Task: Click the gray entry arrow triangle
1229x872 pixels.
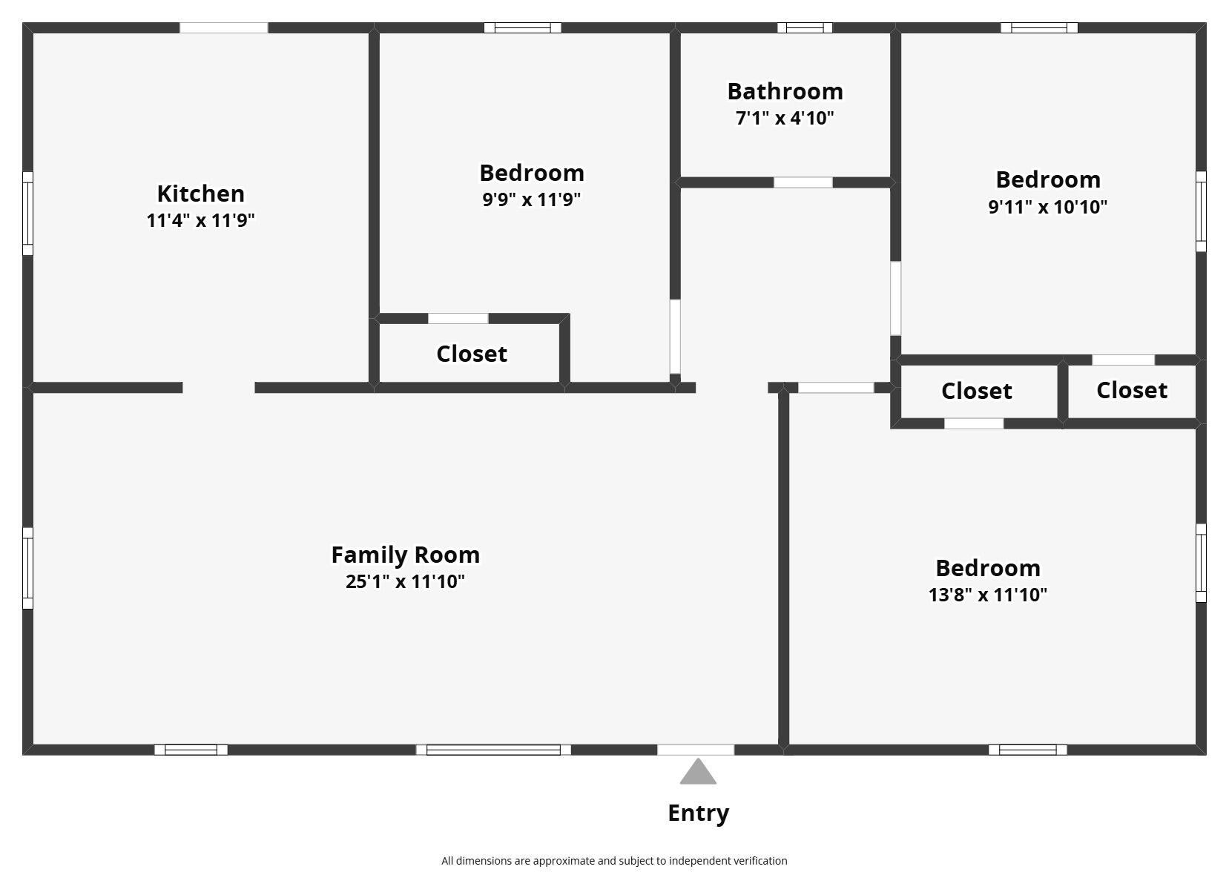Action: [x=698, y=773]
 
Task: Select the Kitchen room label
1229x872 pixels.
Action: [x=201, y=194]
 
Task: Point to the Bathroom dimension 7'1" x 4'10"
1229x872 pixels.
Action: [x=785, y=118]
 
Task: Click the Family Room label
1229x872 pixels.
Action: [x=406, y=555]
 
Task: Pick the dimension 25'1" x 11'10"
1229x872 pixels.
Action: [x=406, y=581]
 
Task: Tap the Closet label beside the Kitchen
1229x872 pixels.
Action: [x=472, y=354]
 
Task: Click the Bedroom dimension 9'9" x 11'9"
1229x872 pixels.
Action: [x=531, y=199]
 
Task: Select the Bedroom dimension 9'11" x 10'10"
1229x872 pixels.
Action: [x=1048, y=207]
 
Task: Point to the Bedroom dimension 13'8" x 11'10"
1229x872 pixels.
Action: [x=988, y=595]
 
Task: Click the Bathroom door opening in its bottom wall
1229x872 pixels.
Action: [x=803, y=182]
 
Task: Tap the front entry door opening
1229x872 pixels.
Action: [x=696, y=750]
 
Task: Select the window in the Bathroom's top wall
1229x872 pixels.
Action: [x=805, y=28]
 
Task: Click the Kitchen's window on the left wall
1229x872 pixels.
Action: [x=27, y=214]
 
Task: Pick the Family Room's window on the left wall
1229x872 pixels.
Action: [x=27, y=568]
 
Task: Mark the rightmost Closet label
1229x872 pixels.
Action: [x=1132, y=391]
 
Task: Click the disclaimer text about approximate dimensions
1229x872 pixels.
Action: [x=614, y=861]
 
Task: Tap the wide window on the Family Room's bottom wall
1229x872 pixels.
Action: [x=493, y=750]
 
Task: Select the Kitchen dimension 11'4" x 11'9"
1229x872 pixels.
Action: [x=201, y=220]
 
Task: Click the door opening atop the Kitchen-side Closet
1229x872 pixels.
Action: [x=458, y=319]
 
